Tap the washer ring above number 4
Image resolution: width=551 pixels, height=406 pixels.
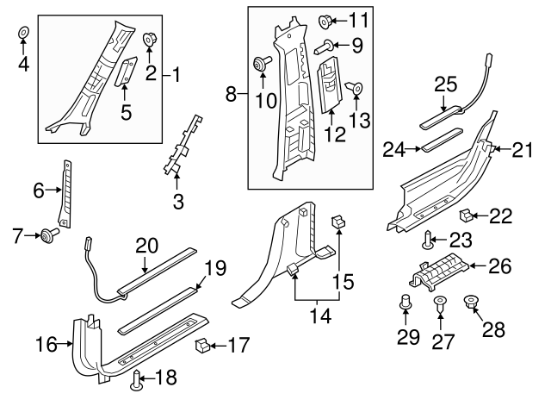[23, 34]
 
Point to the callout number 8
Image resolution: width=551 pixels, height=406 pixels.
[231, 90]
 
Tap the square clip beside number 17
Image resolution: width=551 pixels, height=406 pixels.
[203, 347]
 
